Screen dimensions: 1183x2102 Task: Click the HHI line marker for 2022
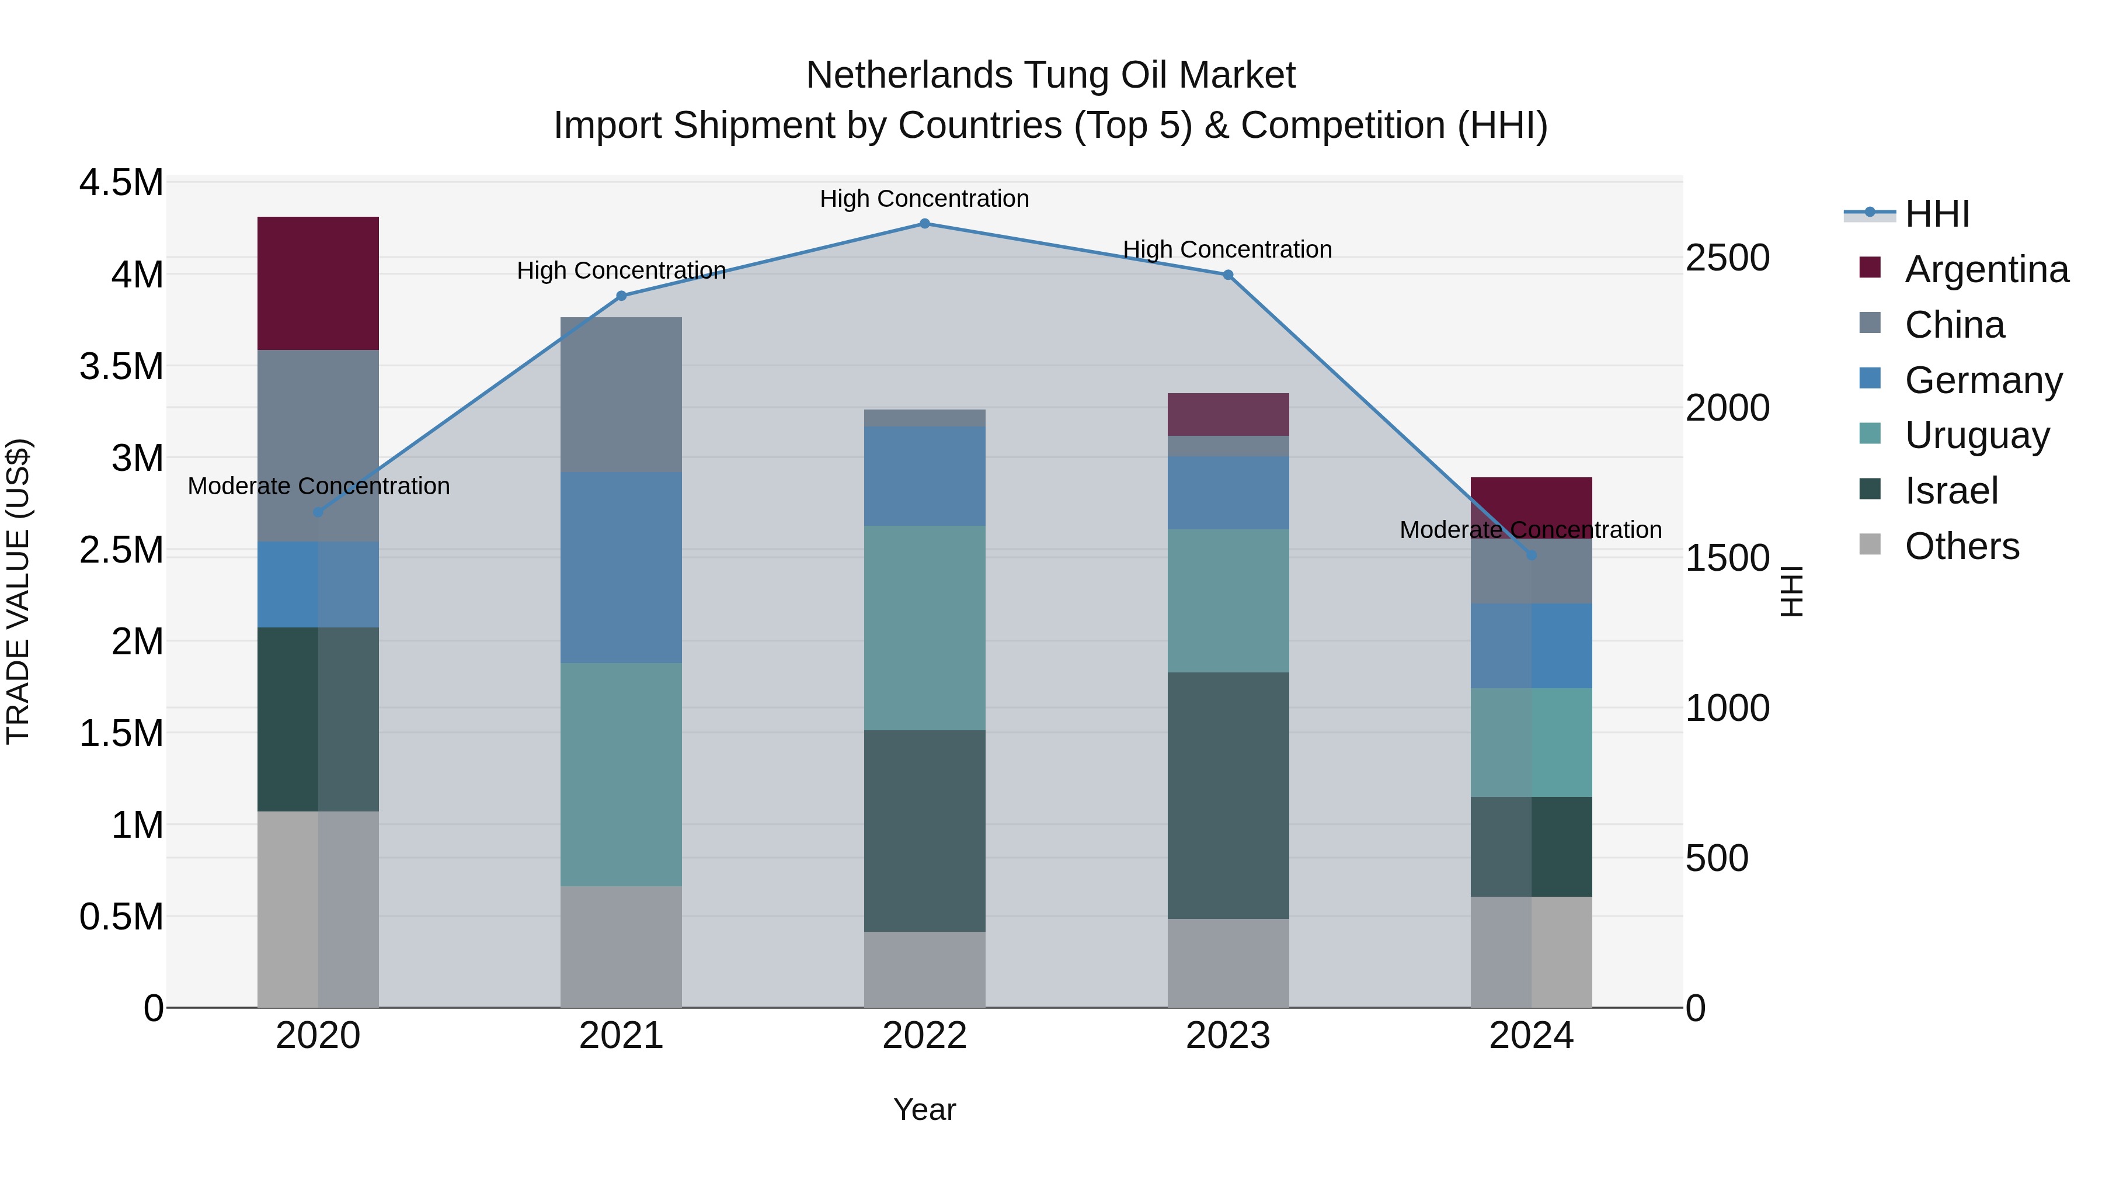pos(924,223)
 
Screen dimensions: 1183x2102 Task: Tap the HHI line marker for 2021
pos(621,296)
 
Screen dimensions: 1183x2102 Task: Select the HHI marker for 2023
pos(1228,275)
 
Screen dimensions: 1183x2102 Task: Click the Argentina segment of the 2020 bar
pos(318,283)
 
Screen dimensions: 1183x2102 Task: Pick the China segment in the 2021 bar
pos(621,394)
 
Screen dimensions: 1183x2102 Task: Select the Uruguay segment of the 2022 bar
pos(924,628)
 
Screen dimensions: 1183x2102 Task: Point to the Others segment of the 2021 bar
pos(621,946)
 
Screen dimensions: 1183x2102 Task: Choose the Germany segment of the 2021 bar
pos(621,567)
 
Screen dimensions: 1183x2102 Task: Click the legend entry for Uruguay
pos(1976,436)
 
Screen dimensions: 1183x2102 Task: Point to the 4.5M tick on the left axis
pos(121,183)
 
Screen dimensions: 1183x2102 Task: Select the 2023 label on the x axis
pos(1228,1036)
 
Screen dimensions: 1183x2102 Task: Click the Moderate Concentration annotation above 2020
pos(318,487)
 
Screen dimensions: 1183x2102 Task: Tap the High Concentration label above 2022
pos(924,199)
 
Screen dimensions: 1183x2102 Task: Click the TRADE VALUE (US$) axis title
pos(18,591)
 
